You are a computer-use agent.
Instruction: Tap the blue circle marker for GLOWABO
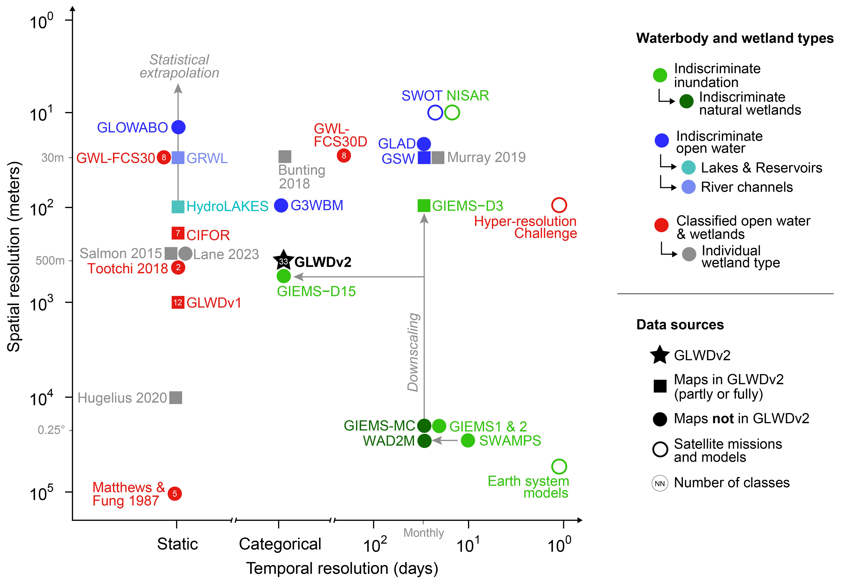179,127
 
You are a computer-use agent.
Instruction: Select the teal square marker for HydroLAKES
178,207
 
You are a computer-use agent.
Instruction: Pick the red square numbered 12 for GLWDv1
178,302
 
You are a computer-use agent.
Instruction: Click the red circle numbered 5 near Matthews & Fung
175,494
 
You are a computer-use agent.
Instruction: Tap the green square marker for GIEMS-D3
424,205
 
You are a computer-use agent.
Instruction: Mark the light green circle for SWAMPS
468,441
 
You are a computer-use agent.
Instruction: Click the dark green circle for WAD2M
424,441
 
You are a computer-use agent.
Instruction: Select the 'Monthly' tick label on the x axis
423,533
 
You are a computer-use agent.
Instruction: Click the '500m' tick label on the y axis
50,260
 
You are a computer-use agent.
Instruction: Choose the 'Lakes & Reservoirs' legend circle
688,167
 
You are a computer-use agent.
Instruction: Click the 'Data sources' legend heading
680,325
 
